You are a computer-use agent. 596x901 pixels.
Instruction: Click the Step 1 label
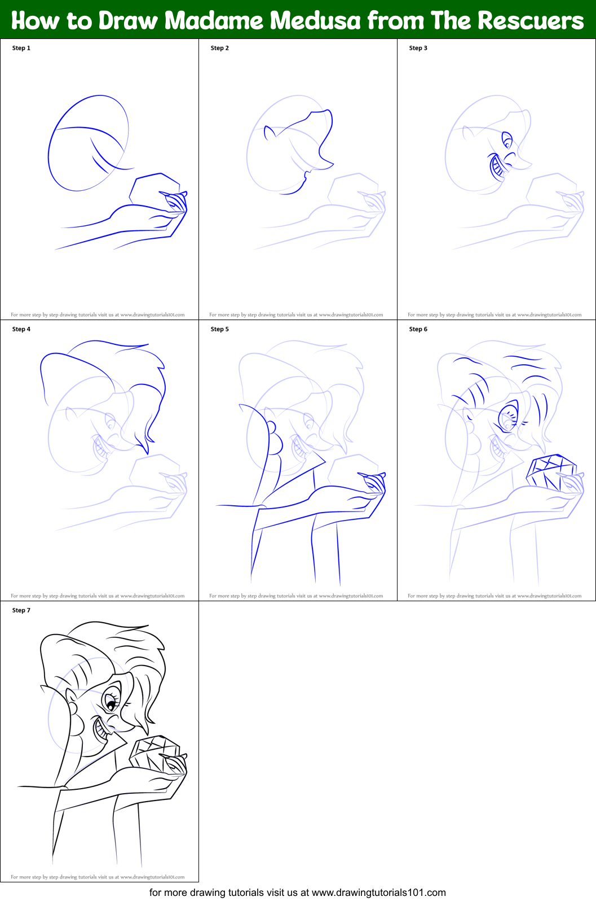(21, 48)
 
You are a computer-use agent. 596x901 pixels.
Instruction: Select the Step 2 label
(220, 48)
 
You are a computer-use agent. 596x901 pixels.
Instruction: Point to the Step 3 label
(418, 48)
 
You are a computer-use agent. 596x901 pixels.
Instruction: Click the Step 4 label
(21, 329)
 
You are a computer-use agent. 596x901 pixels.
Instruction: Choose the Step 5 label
(220, 329)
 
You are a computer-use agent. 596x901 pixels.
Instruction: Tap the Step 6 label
(418, 329)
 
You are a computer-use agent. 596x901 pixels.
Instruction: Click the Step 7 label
(21, 610)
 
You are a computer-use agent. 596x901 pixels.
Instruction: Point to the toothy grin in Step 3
(497, 167)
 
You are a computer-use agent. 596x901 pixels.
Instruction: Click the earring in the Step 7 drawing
(72, 707)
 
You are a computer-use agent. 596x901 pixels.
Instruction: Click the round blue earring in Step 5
(271, 427)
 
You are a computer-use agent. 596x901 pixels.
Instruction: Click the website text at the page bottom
(297, 893)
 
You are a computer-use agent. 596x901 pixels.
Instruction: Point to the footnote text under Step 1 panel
(98, 315)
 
